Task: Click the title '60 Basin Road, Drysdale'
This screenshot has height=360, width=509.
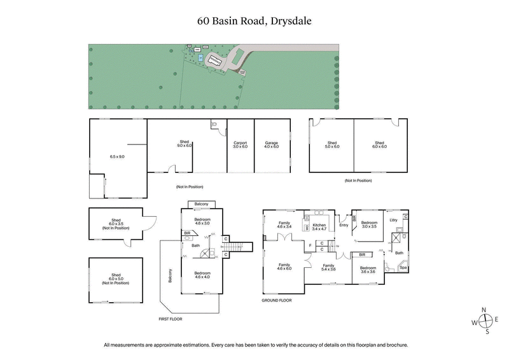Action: coord(254,21)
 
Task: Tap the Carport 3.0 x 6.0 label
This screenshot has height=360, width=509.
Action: coord(240,146)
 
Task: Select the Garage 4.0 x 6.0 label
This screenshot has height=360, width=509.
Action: coord(272,146)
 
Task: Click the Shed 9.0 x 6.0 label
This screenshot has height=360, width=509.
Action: coord(185,144)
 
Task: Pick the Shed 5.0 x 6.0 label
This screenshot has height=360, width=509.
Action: coord(332,146)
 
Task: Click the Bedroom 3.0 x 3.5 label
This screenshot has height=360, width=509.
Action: coord(369,225)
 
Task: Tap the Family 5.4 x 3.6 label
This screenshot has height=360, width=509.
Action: coord(328,267)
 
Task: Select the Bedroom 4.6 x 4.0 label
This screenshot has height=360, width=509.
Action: coord(202,275)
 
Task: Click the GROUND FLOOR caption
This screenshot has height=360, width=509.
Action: coord(276,300)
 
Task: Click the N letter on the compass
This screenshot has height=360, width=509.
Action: coord(484,309)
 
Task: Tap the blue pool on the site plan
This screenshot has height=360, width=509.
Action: coord(200,58)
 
